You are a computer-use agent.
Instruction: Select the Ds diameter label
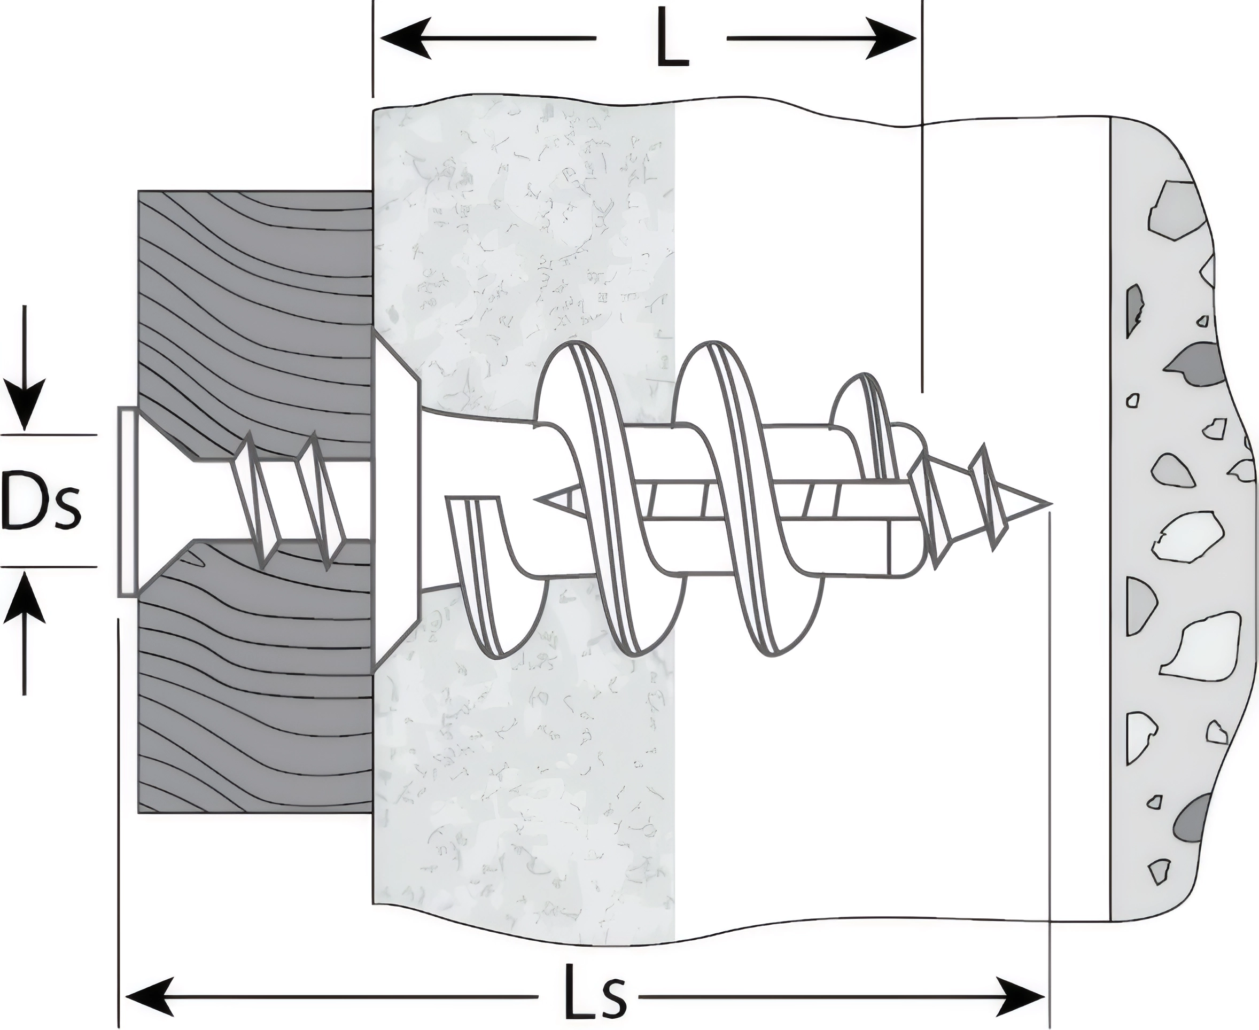coord(41,500)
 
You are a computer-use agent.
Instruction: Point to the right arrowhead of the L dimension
coord(891,38)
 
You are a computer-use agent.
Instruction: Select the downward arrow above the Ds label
coord(25,403)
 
